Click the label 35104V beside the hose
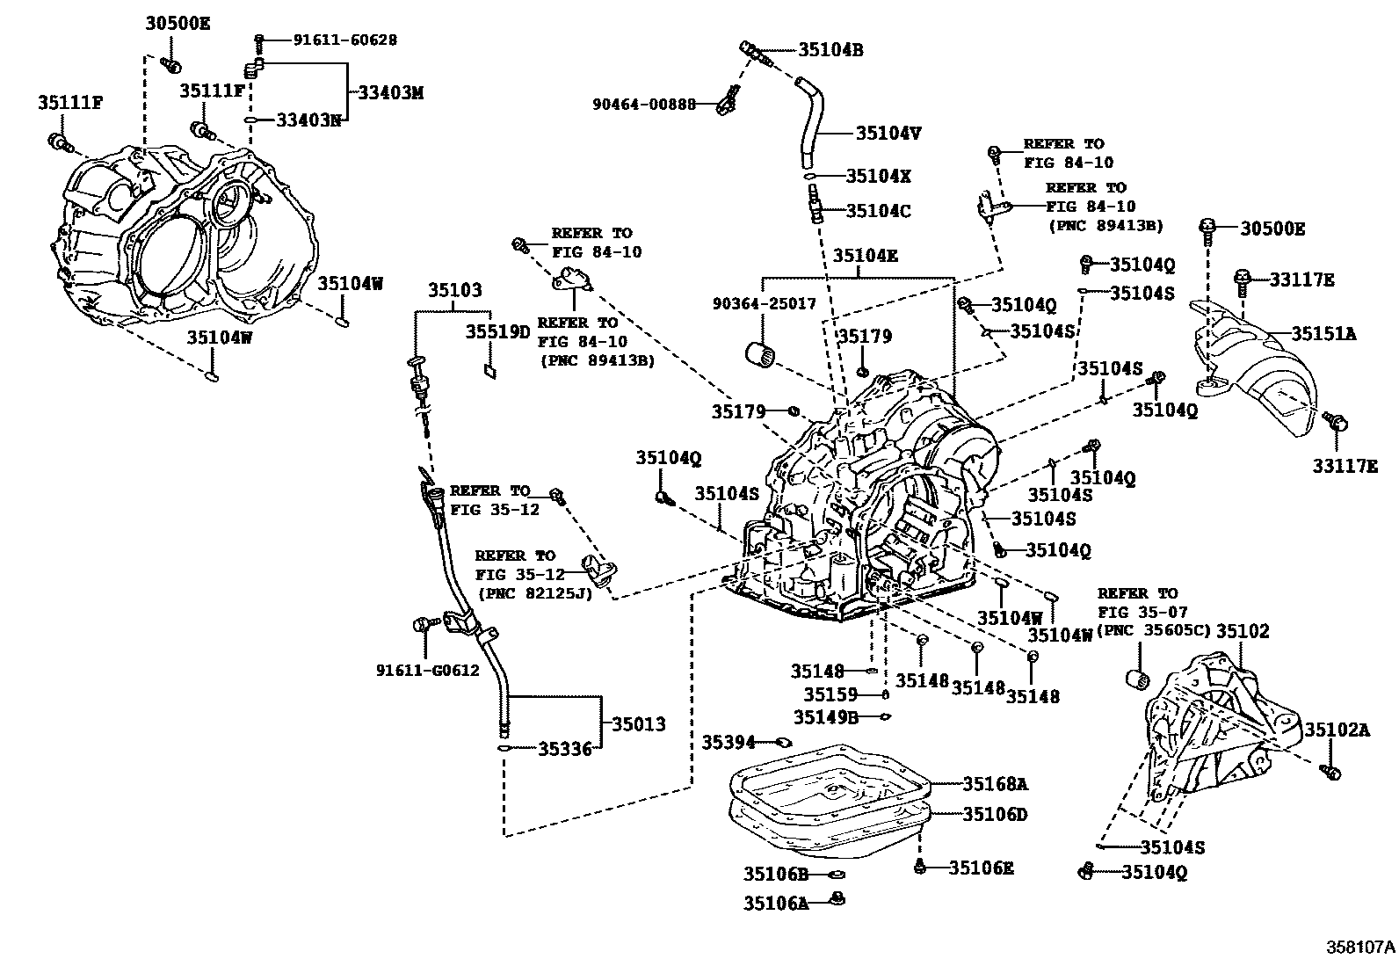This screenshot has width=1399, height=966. click(x=888, y=134)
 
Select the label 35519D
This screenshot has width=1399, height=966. click(x=498, y=331)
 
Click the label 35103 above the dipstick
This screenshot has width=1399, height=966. click(x=455, y=290)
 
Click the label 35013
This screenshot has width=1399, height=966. click(x=639, y=724)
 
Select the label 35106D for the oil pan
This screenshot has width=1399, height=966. click(x=995, y=815)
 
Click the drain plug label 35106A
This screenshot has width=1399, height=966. click(x=775, y=903)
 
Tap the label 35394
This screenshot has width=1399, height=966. click(x=728, y=743)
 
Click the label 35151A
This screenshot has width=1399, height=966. click(x=1323, y=334)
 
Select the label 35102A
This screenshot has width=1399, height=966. click(x=1337, y=730)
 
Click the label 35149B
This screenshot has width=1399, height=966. click(x=826, y=716)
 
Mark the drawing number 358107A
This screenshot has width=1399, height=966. click(x=1360, y=948)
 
